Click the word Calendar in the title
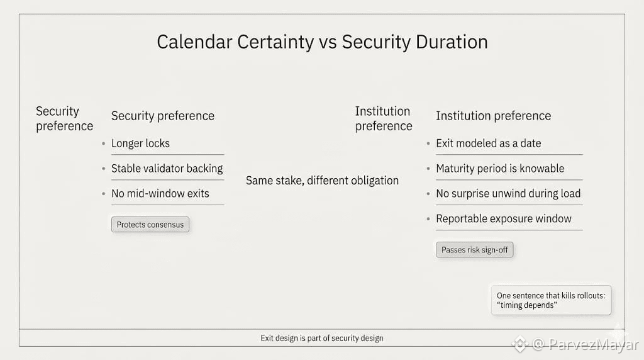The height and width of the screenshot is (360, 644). pyautogui.click(x=195, y=42)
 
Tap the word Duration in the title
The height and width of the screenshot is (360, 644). pyautogui.click(x=452, y=42)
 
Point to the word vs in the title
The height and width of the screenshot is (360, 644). pyautogui.click(x=328, y=43)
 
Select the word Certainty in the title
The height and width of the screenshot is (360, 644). pyautogui.click(x=275, y=43)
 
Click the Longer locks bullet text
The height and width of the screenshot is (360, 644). pyautogui.click(x=140, y=143)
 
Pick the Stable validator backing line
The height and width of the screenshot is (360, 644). pyautogui.click(x=167, y=169)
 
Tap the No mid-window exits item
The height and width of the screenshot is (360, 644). pyautogui.click(x=160, y=194)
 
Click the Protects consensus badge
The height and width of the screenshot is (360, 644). pyautogui.click(x=150, y=225)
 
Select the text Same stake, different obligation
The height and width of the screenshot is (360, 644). pyautogui.click(x=323, y=181)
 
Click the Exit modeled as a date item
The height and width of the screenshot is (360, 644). pyautogui.click(x=488, y=143)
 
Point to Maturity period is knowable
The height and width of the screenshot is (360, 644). pyautogui.click(x=500, y=169)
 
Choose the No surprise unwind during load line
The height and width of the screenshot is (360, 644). pyautogui.click(x=508, y=194)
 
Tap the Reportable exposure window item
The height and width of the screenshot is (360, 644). pyautogui.click(x=504, y=218)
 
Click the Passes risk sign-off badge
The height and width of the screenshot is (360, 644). pyautogui.click(x=475, y=250)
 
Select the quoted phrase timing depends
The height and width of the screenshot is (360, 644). pyautogui.click(x=527, y=305)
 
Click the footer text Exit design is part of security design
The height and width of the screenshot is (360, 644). pyautogui.click(x=322, y=338)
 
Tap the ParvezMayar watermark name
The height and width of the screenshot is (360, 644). pyautogui.click(x=594, y=344)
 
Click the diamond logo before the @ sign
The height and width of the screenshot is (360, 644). pyautogui.click(x=519, y=344)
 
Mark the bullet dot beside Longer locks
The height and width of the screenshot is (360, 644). pyautogui.click(x=104, y=144)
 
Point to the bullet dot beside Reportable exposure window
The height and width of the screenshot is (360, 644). pyautogui.click(x=428, y=219)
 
